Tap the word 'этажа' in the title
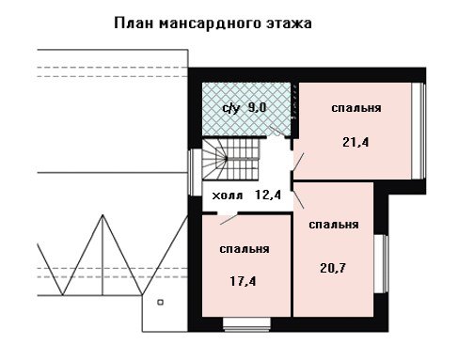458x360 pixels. coord(289,24)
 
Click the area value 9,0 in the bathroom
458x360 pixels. coord(257,107)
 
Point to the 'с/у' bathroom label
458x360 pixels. coord(231,108)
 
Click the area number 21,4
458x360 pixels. coord(355,142)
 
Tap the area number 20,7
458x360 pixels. coord(333,268)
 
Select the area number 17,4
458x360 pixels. coord(243,281)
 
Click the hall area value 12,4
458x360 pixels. coord(268,195)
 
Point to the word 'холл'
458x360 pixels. coord(228,196)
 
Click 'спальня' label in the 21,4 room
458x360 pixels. coord(356,108)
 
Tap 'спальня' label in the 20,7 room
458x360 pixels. coord(334,225)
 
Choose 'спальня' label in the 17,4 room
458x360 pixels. coord(245,249)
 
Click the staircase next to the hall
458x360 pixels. coord(231,159)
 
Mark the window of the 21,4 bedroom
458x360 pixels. coord(419,131)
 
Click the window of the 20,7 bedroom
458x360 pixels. coord(381,264)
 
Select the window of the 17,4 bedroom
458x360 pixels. coord(247,324)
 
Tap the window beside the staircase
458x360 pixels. coord(195,172)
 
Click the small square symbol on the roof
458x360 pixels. coord(160,303)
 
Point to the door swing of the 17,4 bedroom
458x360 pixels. coord(229,220)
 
